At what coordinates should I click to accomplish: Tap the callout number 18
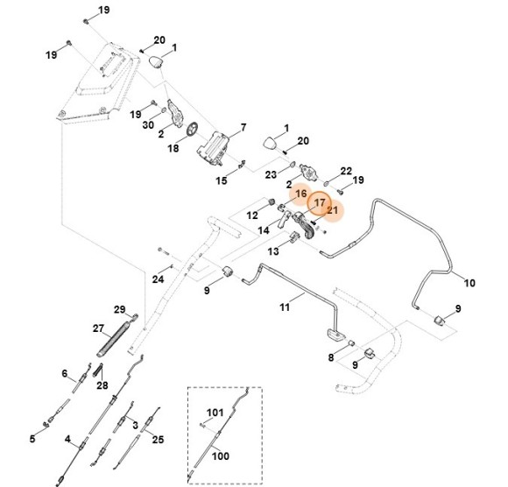pyautogui.click(x=173, y=150)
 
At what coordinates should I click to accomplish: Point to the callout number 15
pyautogui.click(x=222, y=180)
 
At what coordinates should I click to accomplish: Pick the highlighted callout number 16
pyautogui.click(x=300, y=194)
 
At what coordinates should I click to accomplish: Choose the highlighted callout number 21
pyautogui.click(x=332, y=210)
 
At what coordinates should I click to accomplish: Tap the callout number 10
pyautogui.click(x=469, y=283)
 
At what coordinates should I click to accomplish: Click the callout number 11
pyautogui.click(x=285, y=307)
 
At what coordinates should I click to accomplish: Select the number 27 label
pyautogui.click(x=98, y=328)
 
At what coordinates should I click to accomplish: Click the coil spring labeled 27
pyautogui.click(x=116, y=337)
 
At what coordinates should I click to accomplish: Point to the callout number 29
pyautogui.click(x=121, y=308)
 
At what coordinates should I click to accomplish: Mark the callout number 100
pyautogui.click(x=221, y=455)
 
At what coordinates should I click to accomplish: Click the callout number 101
pyautogui.click(x=215, y=411)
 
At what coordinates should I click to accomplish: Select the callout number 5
pyautogui.click(x=33, y=439)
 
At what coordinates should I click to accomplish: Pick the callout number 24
pyautogui.click(x=158, y=279)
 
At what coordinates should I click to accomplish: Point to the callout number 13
pyautogui.click(x=272, y=251)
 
